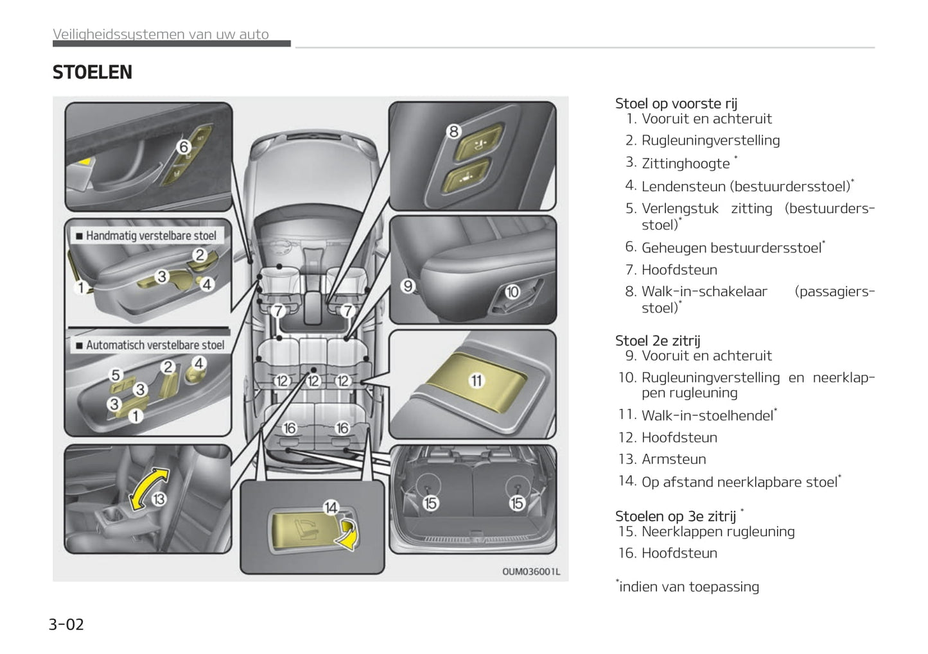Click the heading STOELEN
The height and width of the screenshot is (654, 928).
92,73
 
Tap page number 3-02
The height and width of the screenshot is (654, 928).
66,624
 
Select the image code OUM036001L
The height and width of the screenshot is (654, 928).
530,571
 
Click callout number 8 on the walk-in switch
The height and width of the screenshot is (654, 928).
454,132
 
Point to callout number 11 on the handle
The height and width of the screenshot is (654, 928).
476,381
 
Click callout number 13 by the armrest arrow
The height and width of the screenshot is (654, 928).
159,499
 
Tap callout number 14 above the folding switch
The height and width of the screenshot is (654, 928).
331,508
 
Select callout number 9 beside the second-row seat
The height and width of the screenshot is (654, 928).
408,286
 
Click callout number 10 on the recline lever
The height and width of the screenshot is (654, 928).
512,292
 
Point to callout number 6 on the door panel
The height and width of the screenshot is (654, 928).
184,147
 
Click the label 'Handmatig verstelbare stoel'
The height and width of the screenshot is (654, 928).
151,236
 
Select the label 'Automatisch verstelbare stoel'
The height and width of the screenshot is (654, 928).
155,345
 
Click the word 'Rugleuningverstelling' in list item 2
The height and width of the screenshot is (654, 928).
710,141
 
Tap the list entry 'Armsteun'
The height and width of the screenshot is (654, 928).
674,459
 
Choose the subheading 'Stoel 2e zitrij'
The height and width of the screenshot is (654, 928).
658,341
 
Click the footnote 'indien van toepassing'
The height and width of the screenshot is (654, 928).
688,587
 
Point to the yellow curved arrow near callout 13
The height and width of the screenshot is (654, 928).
147,489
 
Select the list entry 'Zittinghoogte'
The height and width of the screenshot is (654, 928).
685,164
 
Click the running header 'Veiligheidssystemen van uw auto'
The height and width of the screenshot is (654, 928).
161,34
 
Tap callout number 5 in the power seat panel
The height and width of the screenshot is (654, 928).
116,375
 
